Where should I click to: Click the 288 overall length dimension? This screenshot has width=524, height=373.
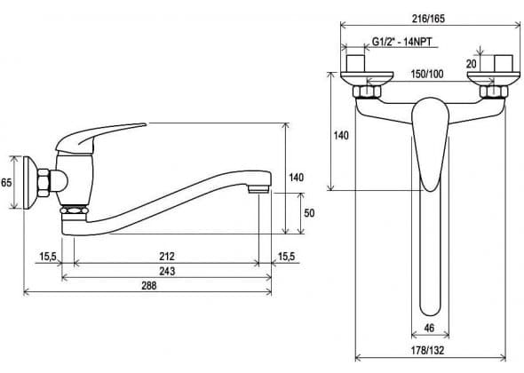[149, 286]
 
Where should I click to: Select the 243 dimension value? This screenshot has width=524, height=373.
[167, 271]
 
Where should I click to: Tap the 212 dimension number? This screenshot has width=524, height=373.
[167, 257]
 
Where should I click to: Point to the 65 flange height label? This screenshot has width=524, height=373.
[6, 182]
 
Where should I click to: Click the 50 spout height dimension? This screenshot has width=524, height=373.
[309, 213]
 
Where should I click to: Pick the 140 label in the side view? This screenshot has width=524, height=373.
[296, 178]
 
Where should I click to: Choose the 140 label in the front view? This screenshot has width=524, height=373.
[341, 135]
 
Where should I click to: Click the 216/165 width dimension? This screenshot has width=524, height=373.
[428, 19]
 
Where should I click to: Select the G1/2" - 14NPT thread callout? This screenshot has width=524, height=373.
[402, 42]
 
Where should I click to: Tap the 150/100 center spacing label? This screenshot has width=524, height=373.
[427, 74]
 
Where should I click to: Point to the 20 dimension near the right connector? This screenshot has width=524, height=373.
[472, 64]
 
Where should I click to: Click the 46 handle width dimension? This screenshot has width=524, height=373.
[429, 328]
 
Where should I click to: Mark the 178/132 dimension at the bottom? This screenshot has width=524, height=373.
[428, 350]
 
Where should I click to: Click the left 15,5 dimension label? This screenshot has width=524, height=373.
[48, 257]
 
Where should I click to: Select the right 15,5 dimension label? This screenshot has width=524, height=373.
[287, 257]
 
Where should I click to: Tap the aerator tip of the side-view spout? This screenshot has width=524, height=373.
[258, 189]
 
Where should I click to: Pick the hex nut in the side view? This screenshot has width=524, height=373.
[44, 182]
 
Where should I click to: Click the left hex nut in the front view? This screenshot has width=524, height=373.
[367, 91]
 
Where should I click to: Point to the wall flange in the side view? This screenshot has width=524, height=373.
[30, 182]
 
